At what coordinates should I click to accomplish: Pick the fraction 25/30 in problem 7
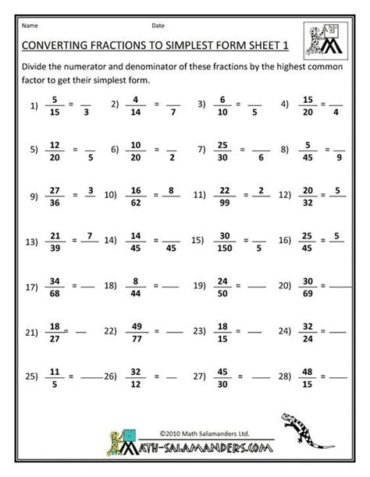point(222,148)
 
